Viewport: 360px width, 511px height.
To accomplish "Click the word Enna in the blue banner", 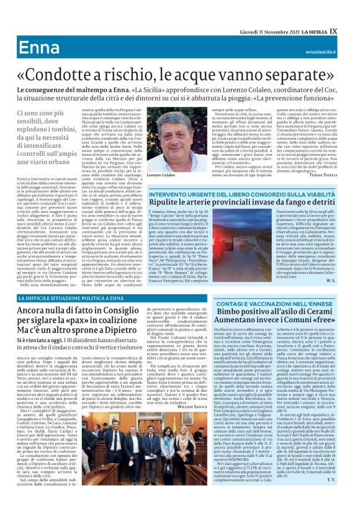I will pyautogui.click(x=38, y=49).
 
